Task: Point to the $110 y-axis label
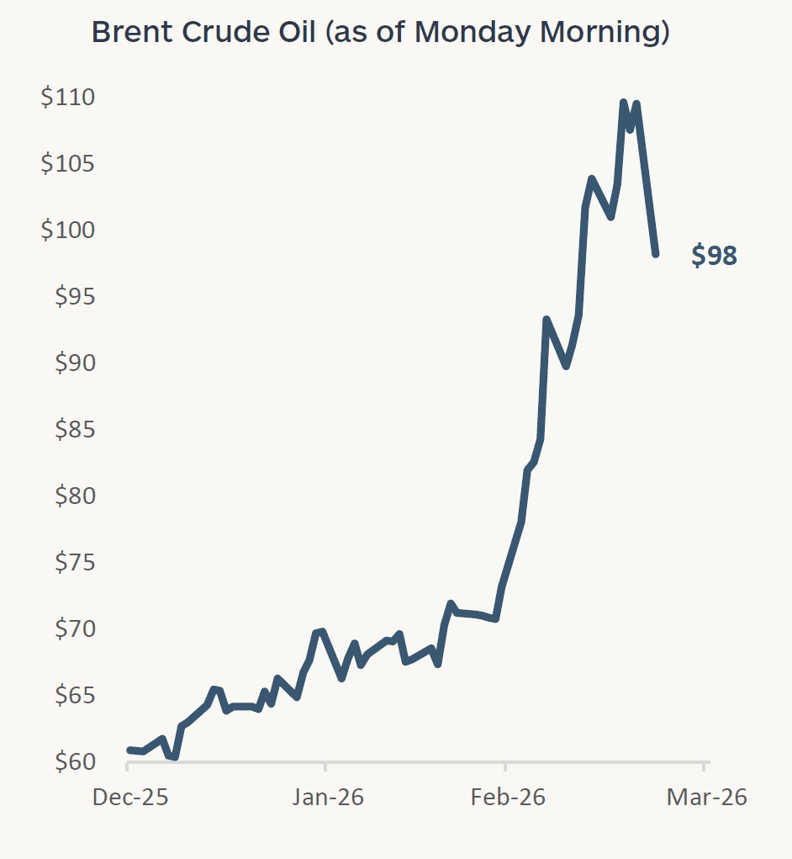[68, 98]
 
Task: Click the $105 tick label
[68, 163]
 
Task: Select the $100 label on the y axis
[68, 230]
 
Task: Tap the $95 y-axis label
[74, 296]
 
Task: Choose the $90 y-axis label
[74, 363]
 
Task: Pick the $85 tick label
[74, 429]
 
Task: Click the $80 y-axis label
[74, 496]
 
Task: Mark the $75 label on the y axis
[74, 562]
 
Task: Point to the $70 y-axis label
[74, 628]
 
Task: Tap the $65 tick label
[74, 695]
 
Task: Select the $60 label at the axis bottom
[74, 761]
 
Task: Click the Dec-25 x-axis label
[130, 797]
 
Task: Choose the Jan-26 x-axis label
[328, 797]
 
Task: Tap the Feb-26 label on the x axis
[508, 797]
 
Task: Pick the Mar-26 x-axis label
[706, 797]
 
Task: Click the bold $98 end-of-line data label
[714, 256]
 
